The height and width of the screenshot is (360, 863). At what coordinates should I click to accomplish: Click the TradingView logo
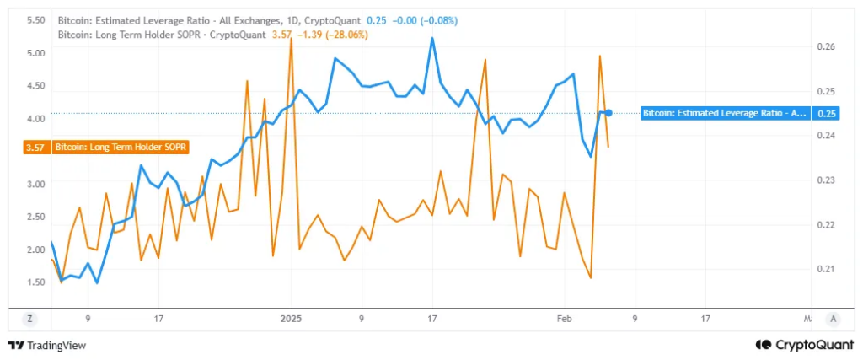click(47, 344)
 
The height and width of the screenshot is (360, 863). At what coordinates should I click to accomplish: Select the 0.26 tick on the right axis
click(827, 47)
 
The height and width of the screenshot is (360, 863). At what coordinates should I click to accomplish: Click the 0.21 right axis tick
click(827, 269)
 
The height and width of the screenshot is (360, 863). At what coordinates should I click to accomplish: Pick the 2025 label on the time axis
click(291, 319)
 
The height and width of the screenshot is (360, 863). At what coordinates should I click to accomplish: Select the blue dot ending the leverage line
click(608, 113)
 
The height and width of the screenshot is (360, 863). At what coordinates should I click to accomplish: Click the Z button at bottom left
click(30, 319)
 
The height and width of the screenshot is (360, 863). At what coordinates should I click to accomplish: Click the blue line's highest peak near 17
click(433, 39)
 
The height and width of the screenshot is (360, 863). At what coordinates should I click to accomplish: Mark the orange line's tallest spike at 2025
click(291, 40)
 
